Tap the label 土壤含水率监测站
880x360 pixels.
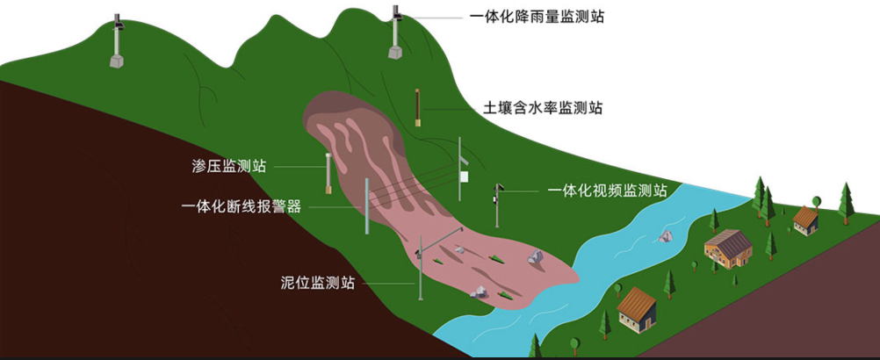pyautogui.click(x=543, y=108)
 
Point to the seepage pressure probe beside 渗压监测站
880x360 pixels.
pyautogui.click(x=328, y=174)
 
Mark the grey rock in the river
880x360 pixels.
pyautogui.click(x=667, y=235)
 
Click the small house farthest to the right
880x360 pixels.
pyautogui.click(x=805, y=220)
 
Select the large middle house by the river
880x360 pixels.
pyautogui.click(x=728, y=248)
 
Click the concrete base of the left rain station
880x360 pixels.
pyautogui.click(x=117, y=62)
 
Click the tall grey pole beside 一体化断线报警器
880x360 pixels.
pyautogui.click(x=366, y=207)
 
